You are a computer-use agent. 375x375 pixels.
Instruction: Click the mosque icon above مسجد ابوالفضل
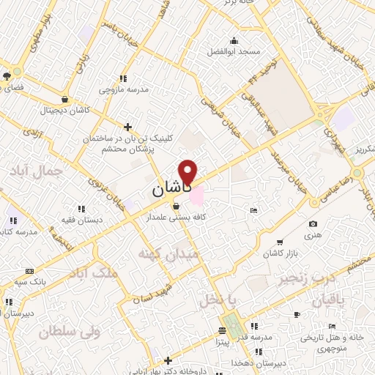pos(234,40)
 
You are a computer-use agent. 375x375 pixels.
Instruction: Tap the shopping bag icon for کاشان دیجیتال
pos(65,100)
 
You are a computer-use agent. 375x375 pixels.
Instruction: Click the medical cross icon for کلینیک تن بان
pos(128,127)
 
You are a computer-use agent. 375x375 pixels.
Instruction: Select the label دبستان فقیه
pos(81,220)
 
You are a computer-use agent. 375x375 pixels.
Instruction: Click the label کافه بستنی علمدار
pos(175,218)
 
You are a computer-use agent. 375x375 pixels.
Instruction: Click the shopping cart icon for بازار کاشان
pos(279,242)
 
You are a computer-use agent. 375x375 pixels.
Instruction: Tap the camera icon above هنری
pos(313,223)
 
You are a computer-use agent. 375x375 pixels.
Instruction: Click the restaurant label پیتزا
pos(223,341)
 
